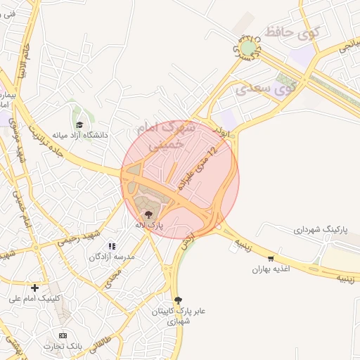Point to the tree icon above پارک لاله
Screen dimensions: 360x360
pyautogui.click(x=148, y=214)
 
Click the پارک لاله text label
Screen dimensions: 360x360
pyautogui.click(x=148, y=225)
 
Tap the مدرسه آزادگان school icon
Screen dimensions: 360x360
pyautogui.click(x=111, y=247)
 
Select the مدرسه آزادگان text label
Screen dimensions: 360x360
pyautogui.click(x=111, y=257)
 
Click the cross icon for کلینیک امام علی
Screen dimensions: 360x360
pyautogui.click(x=34, y=287)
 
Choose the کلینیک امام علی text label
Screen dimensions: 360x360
pyautogui.click(x=35, y=298)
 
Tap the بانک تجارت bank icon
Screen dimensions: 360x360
pyautogui.click(x=63, y=335)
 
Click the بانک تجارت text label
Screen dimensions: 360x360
pyautogui.click(x=63, y=347)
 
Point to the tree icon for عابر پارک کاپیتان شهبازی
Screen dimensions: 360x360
pyautogui.click(x=177, y=300)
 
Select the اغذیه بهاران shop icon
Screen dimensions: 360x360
pyautogui.click(x=271, y=259)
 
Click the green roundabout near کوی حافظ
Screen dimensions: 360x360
pyautogui.click(x=248, y=48)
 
